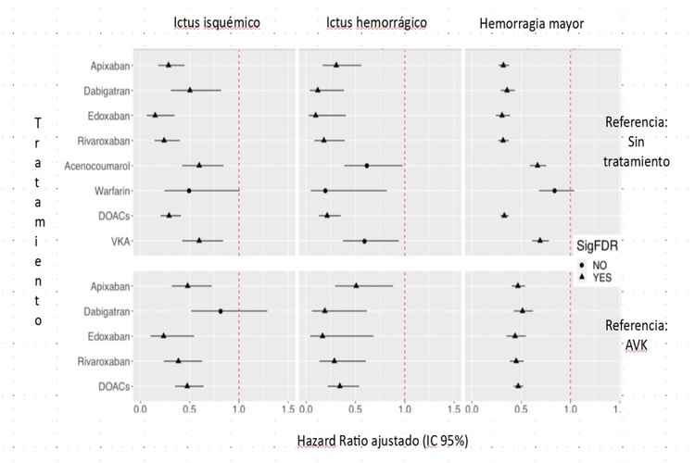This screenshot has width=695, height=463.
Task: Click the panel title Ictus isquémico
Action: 217,21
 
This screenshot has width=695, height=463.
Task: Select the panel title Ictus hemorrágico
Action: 376,21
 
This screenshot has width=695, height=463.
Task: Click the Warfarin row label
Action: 110,191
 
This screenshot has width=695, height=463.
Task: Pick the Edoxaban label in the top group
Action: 109,115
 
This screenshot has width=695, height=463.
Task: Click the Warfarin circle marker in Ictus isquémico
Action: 189,191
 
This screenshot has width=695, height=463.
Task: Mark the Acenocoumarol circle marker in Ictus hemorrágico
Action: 367,166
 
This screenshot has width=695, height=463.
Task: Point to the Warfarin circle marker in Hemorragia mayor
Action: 554,191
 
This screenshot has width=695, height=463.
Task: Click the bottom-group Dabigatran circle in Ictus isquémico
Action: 221,310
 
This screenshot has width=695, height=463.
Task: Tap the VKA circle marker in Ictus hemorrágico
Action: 364,241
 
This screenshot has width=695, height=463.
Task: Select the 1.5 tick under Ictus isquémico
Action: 287,406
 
